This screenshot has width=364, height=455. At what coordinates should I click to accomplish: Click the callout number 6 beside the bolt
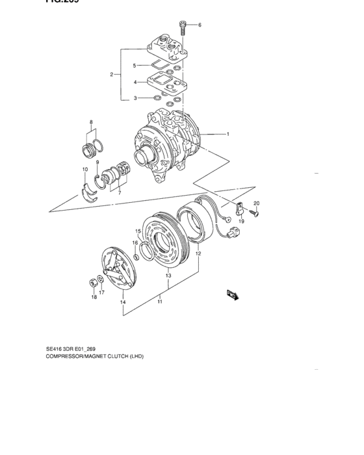(x=200, y=25)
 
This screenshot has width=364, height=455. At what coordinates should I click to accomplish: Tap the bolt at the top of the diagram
(x=183, y=28)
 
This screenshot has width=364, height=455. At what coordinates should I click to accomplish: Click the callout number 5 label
(x=135, y=66)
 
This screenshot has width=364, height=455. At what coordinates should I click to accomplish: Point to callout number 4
(x=135, y=83)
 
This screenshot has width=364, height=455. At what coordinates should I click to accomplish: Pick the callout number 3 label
(x=135, y=98)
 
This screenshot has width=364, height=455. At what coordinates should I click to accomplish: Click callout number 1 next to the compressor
(x=227, y=135)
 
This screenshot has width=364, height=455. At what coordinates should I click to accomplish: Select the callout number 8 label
(x=91, y=122)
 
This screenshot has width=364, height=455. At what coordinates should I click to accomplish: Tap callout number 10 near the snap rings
(x=84, y=170)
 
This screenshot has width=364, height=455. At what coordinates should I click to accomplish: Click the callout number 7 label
(x=118, y=194)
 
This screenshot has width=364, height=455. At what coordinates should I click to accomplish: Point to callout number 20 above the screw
(x=256, y=203)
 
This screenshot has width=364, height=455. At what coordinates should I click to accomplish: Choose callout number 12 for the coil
(x=198, y=253)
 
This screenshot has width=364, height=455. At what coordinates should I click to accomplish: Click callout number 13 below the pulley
(x=168, y=276)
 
